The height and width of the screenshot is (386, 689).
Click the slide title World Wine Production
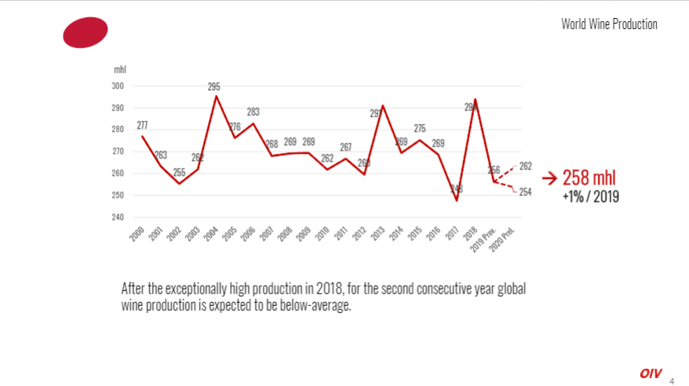pyautogui.click(x=609, y=24)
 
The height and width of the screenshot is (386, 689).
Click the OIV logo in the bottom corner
pyautogui.click(x=651, y=373)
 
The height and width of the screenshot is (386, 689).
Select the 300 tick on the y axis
pyautogui.click(x=119, y=86)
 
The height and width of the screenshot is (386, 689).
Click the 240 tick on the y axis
pyautogui.click(x=119, y=217)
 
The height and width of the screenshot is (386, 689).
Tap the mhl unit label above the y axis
pyautogui.click(x=119, y=71)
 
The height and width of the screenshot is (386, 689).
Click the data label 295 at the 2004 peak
pyautogui.click(x=213, y=87)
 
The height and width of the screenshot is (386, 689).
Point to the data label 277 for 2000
pyautogui.click(x=142, y=126)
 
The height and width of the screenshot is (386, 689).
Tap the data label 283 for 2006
pyautogui.click(x=253, y=112)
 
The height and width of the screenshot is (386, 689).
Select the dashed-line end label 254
pyautogui.click(x=526, y=192)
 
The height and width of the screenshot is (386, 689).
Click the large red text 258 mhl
pyautogui.click(x=589, y=177)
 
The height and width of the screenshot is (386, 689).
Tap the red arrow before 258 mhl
pyautogui.click(x=549, y=178)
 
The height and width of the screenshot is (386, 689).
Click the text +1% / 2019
pyautogui.click(x=590, y=197)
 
